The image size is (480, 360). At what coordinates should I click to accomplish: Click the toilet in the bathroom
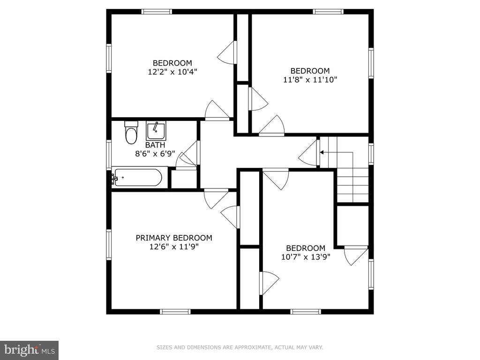tap(131, 133)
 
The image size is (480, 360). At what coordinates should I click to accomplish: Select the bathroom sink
tap(156, 131)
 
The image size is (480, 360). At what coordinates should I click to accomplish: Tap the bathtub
tap(137, 177)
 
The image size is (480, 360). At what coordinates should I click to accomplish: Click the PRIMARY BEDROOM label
tap(174, 238)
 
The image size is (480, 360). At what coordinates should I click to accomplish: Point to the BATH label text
tap(155, 145)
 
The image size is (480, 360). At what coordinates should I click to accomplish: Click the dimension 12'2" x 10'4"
tap(172, 72)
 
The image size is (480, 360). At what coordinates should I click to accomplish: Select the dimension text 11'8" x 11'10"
tap(310, 80)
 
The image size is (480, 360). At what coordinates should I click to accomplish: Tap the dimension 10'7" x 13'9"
tap(306, 257)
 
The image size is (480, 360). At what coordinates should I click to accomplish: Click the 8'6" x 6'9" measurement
tap(155, 153)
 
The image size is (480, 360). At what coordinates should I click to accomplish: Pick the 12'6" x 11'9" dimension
tap(174, 247)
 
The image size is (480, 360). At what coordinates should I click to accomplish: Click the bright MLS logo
tap(30, 350)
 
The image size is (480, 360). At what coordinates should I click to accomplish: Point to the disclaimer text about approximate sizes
tap(240, 347)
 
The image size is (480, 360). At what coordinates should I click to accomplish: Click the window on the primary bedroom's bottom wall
tap(175, 312)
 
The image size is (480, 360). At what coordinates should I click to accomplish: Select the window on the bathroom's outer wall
tap(109, 154)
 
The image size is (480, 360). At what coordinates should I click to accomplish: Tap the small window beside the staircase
tap(371, 154)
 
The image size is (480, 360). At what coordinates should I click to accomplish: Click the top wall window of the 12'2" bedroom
tap(157, 12)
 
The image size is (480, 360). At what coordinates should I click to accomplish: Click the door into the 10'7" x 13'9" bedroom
tap(276, 179)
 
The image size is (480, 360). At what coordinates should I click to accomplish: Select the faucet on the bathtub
tap(115, 178)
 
